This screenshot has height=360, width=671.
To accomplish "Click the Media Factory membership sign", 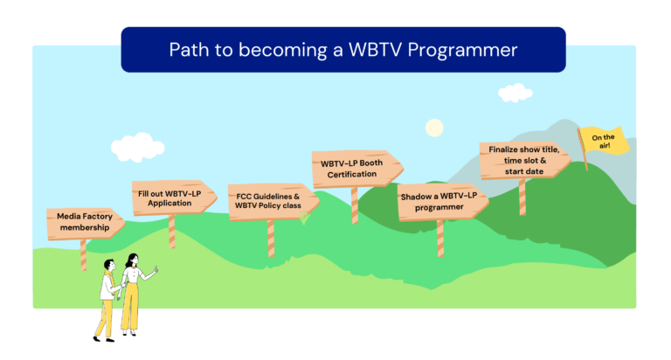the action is point(85,223).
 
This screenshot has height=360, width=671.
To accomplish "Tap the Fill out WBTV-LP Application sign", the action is point(173,197).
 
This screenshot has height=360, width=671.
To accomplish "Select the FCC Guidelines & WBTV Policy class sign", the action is point(273,202).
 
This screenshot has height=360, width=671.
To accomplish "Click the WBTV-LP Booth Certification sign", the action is point(356,169).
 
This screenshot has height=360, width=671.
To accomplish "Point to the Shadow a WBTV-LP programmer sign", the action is point(442,202).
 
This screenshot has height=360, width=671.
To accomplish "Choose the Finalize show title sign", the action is point(524,160).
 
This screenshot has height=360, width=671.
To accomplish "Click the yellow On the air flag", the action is point(605,140).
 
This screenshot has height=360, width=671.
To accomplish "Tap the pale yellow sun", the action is point(434,128).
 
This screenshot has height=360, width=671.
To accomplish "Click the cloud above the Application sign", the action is point(137,147).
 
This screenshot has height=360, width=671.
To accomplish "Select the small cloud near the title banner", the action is point(515,93).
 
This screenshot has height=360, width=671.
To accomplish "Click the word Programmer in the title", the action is point(462,50).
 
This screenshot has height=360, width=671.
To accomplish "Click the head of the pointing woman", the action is point(133,260).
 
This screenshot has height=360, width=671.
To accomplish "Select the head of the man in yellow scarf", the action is point(109,265).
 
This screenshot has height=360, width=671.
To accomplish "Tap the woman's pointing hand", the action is point(156,270).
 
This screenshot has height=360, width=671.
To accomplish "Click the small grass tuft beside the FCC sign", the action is point(304,218).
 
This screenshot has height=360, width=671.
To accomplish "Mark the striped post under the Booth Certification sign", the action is point(355,205).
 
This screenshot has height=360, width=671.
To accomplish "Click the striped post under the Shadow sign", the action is point(440,239).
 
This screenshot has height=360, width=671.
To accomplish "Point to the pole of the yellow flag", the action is point(583,149).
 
